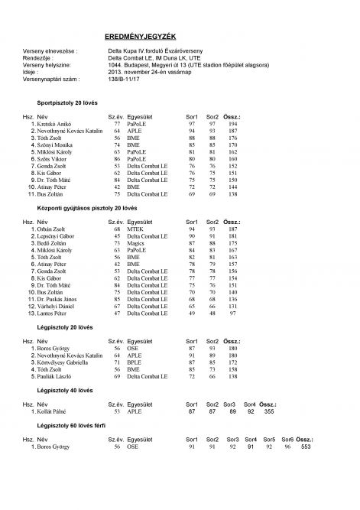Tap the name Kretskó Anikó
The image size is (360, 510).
(54, 123)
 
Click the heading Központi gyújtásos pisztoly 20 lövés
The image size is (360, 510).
(86, 208)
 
